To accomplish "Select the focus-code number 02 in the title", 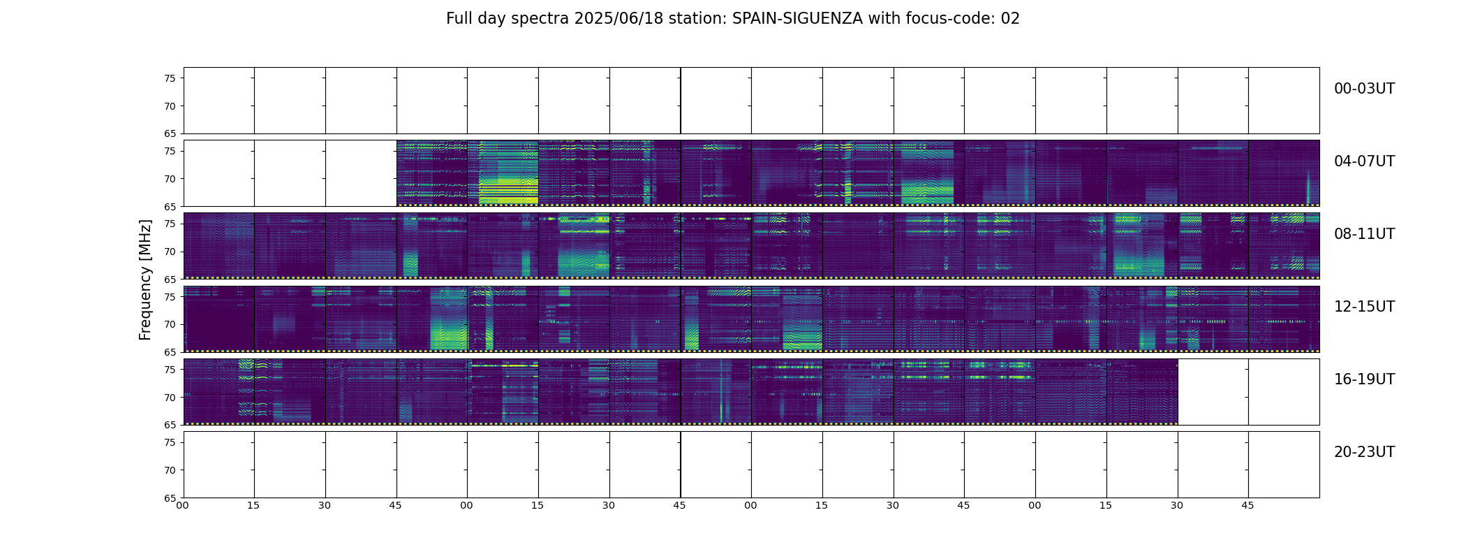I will (x=1010, y=19).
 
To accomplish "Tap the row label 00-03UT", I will (x=1364, y=89).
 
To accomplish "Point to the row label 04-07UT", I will (x=1364, y=161).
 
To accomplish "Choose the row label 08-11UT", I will (x=1364, y=234).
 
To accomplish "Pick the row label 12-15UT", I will (x=1364, y=307).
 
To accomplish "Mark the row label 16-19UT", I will (x=1364, y=379).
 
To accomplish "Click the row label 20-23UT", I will (x=1364, y=452).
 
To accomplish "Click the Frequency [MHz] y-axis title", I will (x=145, y=279).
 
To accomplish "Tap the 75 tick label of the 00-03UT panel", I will (x=170, y=78).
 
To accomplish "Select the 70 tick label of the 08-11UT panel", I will (x=170, y=252).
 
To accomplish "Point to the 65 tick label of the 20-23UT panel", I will (x=170, y=498).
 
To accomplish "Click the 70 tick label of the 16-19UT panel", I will (x=170, y=398).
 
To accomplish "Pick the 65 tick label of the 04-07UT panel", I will (x=170, y=207).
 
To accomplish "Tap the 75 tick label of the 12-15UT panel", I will (x=170, y=297).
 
